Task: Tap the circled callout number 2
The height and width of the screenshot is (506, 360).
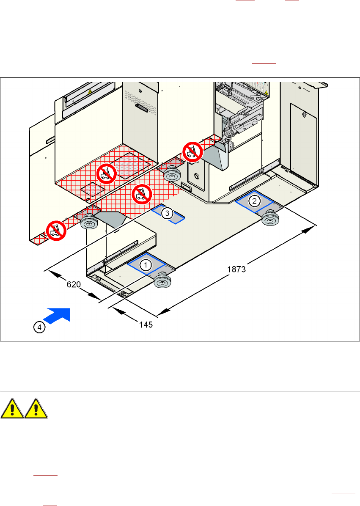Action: [x=254, y=200]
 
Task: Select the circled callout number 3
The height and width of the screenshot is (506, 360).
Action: [x=168, y=214]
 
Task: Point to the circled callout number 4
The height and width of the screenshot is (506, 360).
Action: [x=38, y=327]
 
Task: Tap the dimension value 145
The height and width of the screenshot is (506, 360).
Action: [x=146, y=325]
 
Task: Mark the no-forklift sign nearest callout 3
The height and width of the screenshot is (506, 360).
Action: [x=140, y=195]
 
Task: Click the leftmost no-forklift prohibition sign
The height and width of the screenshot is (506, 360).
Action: [x=55, y=231]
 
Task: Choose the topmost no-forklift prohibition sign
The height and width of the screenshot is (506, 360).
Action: [x=192, y=151]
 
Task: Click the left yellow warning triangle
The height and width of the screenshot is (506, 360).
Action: [x=12, y=410]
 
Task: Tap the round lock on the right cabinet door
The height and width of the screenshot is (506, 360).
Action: [x=305, y=114]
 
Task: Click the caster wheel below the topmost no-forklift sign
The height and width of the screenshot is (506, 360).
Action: [x=171, y=173]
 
